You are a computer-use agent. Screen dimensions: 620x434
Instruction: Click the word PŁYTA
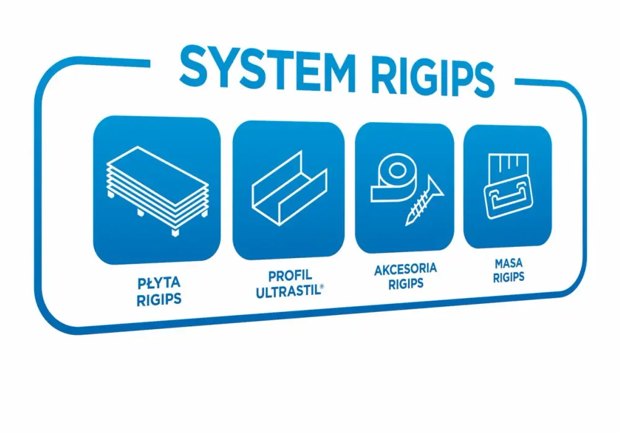point(159,283)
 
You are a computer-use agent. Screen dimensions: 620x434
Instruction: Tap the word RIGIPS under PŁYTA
point(159,299)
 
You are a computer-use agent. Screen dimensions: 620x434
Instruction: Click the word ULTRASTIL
point(288,291)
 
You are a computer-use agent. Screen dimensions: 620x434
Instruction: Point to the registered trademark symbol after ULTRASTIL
point(322,286)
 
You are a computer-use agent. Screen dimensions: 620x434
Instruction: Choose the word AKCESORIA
point(405,270)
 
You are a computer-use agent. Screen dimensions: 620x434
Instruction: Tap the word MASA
point(508,263)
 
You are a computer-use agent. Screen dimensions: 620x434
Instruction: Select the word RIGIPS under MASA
point(508,277)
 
